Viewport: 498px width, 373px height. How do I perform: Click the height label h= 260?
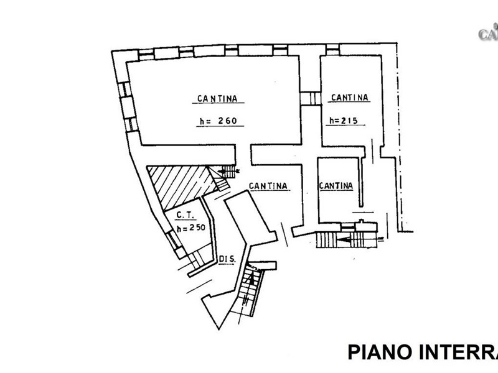pos(220,122)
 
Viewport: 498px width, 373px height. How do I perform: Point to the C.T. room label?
pos(185,216)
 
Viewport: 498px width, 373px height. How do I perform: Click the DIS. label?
pos(226,259)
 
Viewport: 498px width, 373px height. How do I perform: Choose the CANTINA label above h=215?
pos(350,98)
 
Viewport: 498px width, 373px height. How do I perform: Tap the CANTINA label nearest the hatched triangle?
pos(267,185)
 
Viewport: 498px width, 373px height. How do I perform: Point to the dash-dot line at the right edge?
pos(397,137)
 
